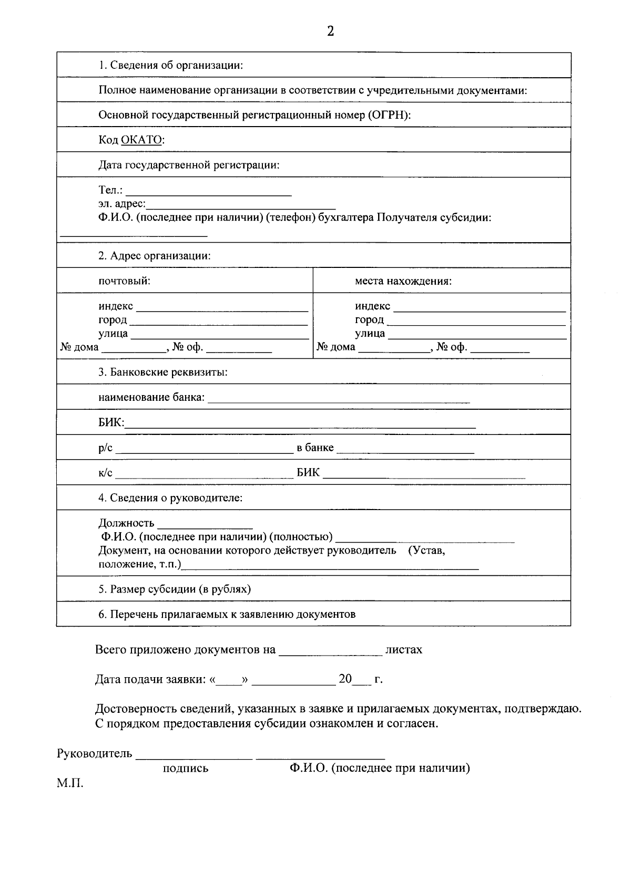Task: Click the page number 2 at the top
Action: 330,32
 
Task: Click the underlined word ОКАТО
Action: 142,140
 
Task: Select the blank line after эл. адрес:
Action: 241,206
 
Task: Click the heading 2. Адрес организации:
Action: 155,256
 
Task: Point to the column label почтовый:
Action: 125,281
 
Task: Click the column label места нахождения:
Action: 403,281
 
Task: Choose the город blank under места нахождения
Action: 476,321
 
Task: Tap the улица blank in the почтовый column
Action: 219,335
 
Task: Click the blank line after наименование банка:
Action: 339,400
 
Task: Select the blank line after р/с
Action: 204,450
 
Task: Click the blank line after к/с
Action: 204,475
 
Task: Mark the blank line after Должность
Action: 205,525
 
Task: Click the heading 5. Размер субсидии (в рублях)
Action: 175,589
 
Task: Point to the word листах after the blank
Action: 404,650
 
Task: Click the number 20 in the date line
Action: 345,679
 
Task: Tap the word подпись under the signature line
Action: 186,769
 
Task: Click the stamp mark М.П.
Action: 70,783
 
